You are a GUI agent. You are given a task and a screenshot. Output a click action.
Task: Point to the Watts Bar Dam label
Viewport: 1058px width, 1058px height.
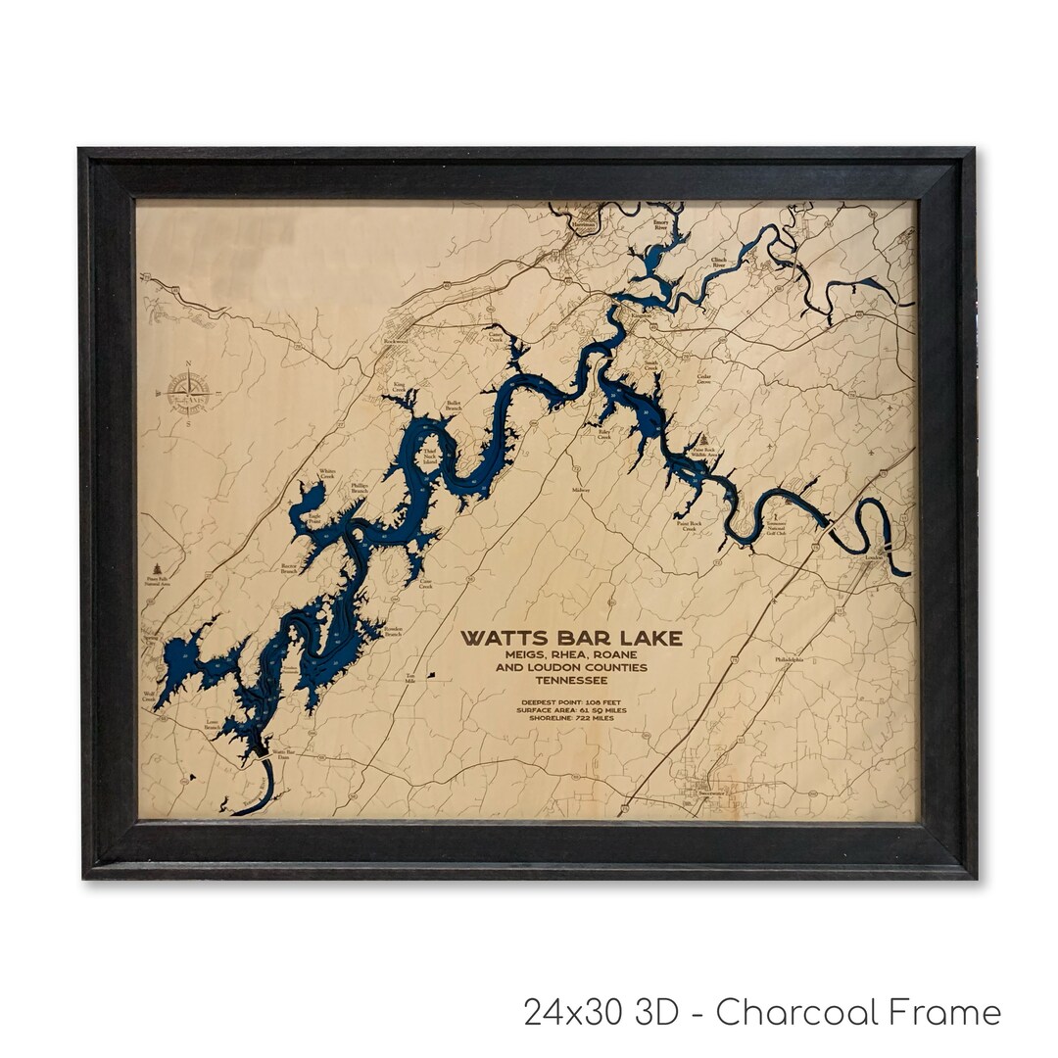pyautogui.click(x=283, y=754)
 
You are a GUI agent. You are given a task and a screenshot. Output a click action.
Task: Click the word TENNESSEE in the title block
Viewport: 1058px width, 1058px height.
pyautogui.click(x=572, y=681)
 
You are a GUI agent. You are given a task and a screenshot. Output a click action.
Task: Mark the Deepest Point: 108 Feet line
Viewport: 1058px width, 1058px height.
pyautogui.click(x=572, y=701)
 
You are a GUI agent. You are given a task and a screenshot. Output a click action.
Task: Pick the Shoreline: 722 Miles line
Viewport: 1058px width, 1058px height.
pyautogui.click(x=572, y=719)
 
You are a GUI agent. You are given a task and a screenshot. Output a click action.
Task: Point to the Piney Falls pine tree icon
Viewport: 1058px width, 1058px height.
pyautogui.click(x=158, y=568)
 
